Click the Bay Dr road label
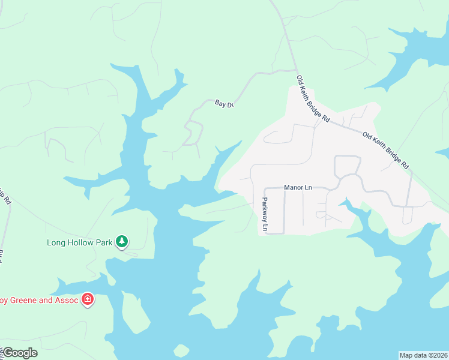coord(223,104)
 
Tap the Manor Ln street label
coord(298,188)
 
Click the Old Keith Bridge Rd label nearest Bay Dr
coord(313,100)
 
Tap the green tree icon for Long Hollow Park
coord(122,241)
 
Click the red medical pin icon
coord(88,299)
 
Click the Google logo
coord(19,353)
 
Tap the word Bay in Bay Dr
coord(220,103)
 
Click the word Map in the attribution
coord(406,355)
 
